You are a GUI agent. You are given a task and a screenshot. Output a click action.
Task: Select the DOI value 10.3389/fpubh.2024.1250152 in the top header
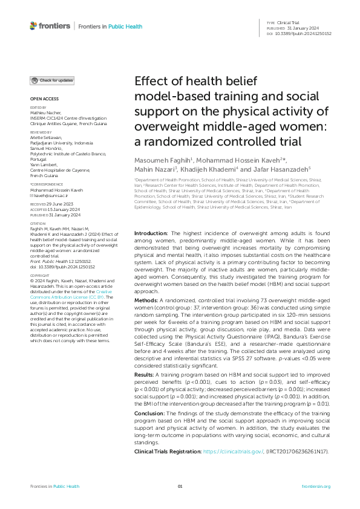coord(304,34)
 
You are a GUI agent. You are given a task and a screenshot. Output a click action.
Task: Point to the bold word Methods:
coord(147,299)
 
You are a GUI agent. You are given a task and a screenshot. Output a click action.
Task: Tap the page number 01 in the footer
coord(180,486)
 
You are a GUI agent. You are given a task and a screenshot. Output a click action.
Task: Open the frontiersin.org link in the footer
coord(315,486)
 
